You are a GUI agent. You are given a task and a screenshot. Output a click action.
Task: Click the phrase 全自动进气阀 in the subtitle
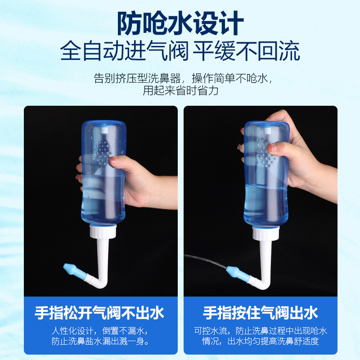[124, 51]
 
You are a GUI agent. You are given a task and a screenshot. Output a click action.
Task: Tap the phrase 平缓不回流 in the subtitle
[247, 51]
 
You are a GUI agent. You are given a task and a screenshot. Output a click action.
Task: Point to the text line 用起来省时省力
[180, 90]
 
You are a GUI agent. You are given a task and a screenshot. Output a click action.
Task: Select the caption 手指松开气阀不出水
[99, 312]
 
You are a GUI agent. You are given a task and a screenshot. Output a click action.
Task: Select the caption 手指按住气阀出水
[261, 312]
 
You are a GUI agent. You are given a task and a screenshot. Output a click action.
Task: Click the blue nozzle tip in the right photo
[234, 272]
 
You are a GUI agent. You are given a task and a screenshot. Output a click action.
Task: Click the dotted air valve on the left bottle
[103, 153]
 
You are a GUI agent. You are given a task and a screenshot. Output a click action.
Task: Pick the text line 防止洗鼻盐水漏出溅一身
[99, 342]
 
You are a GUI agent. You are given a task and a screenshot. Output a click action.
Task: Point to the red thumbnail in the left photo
[114, 159]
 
